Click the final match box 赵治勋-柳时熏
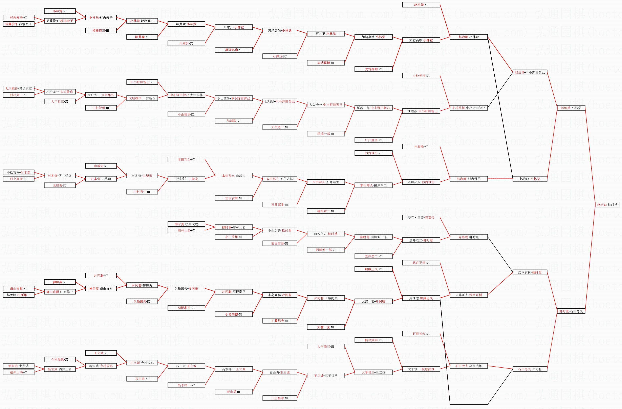click(x=607, y=205)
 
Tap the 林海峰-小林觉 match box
click(x=530, y=179)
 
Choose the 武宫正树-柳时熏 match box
click(x=530, y=273)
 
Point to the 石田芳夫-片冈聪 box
click(x=530, y=369)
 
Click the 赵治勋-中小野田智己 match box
click(x=530, y=72)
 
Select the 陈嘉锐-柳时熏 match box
click(x=469, y=237)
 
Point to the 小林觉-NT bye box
click(x=60, y=11)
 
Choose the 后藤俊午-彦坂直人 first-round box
click(x=18, y=24)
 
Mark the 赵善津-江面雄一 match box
click(x=18, y=295)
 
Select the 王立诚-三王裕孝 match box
click(x=326, y=376)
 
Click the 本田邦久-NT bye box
click(x=186, y=159)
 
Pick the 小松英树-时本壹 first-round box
click(x=18, y=172)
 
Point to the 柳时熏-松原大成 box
click(x=186, y=224)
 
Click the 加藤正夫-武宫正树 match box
click(x=469, y=295)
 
